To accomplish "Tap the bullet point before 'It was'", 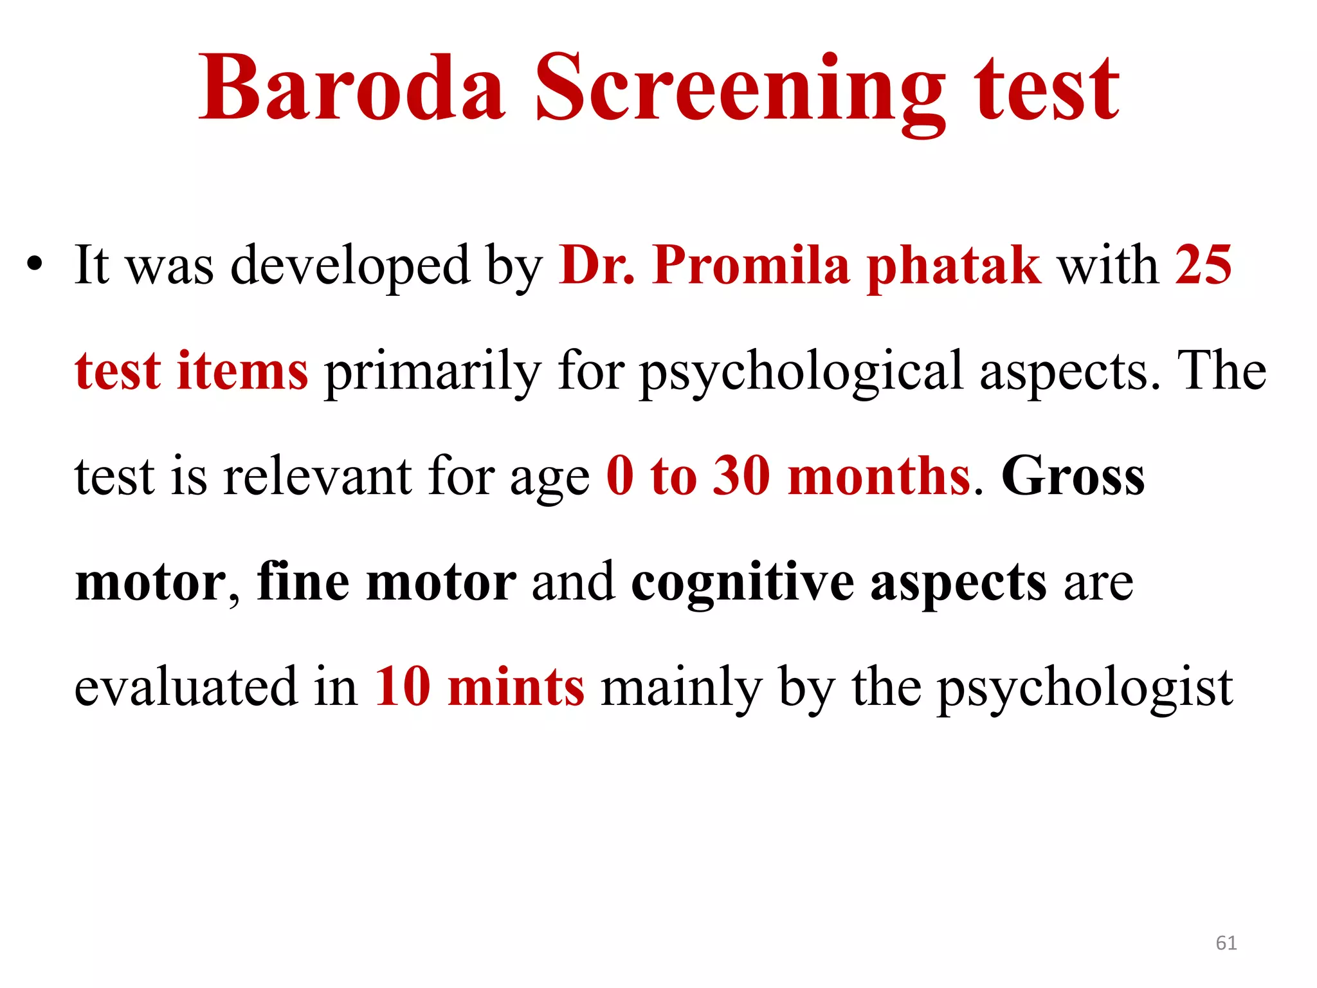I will point(35,264).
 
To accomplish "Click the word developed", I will point(350,266).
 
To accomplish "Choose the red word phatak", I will point(954,266).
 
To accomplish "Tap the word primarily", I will point(433,373).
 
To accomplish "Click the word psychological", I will point(801,373).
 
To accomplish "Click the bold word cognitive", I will point(742,583).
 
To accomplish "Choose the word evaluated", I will point(186,687).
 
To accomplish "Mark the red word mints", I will point(516,687).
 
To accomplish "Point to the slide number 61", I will point(1226,943).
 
